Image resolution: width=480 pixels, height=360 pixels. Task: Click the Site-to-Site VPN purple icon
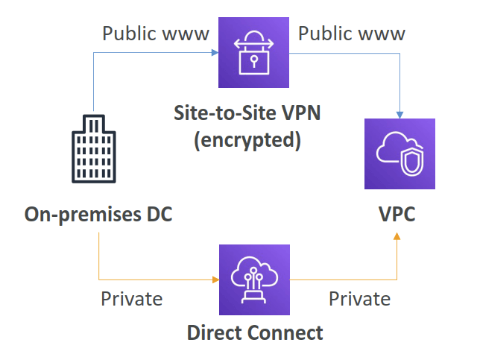(x=247, y=54)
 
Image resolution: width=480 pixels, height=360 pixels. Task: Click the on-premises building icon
(x=94, y=149)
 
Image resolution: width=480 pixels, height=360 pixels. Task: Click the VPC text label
(x=397, y=215)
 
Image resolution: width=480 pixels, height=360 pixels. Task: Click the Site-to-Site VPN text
(x=247, y=114)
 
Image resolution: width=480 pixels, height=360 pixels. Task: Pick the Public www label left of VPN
(x=156, y=34)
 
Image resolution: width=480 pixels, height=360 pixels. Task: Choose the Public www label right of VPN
(x=352, y=34)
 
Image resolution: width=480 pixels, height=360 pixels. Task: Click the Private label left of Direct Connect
(x=131, y=299)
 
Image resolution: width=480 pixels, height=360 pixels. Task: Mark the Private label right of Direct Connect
(x=359, y=299)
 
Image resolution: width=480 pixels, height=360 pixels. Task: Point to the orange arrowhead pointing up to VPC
(x=397, y=236)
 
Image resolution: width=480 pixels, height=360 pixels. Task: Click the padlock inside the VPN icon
(x=247, y=61)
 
